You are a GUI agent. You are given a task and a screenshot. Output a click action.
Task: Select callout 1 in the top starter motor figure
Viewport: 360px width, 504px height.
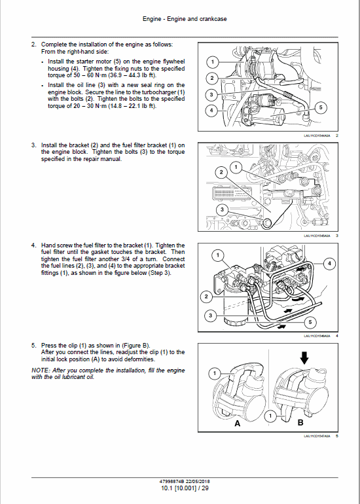click(212, 62)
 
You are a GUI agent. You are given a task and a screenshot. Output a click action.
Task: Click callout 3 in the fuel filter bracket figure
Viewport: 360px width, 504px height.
click(222, 209)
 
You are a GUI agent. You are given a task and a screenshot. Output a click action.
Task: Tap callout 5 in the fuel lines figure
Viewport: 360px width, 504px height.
click(310, 322)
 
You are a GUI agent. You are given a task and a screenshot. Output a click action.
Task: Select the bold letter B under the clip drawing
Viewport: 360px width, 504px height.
click(300, 423)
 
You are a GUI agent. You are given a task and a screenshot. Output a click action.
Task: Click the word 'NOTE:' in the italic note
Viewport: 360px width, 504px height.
click(41, 370)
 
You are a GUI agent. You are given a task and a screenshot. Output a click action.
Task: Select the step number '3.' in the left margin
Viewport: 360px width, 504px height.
click(33, 145)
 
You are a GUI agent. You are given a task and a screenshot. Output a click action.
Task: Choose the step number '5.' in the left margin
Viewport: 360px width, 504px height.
click(33, 344)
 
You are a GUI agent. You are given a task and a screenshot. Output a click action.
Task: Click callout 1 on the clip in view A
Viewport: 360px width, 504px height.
click(212, 374)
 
